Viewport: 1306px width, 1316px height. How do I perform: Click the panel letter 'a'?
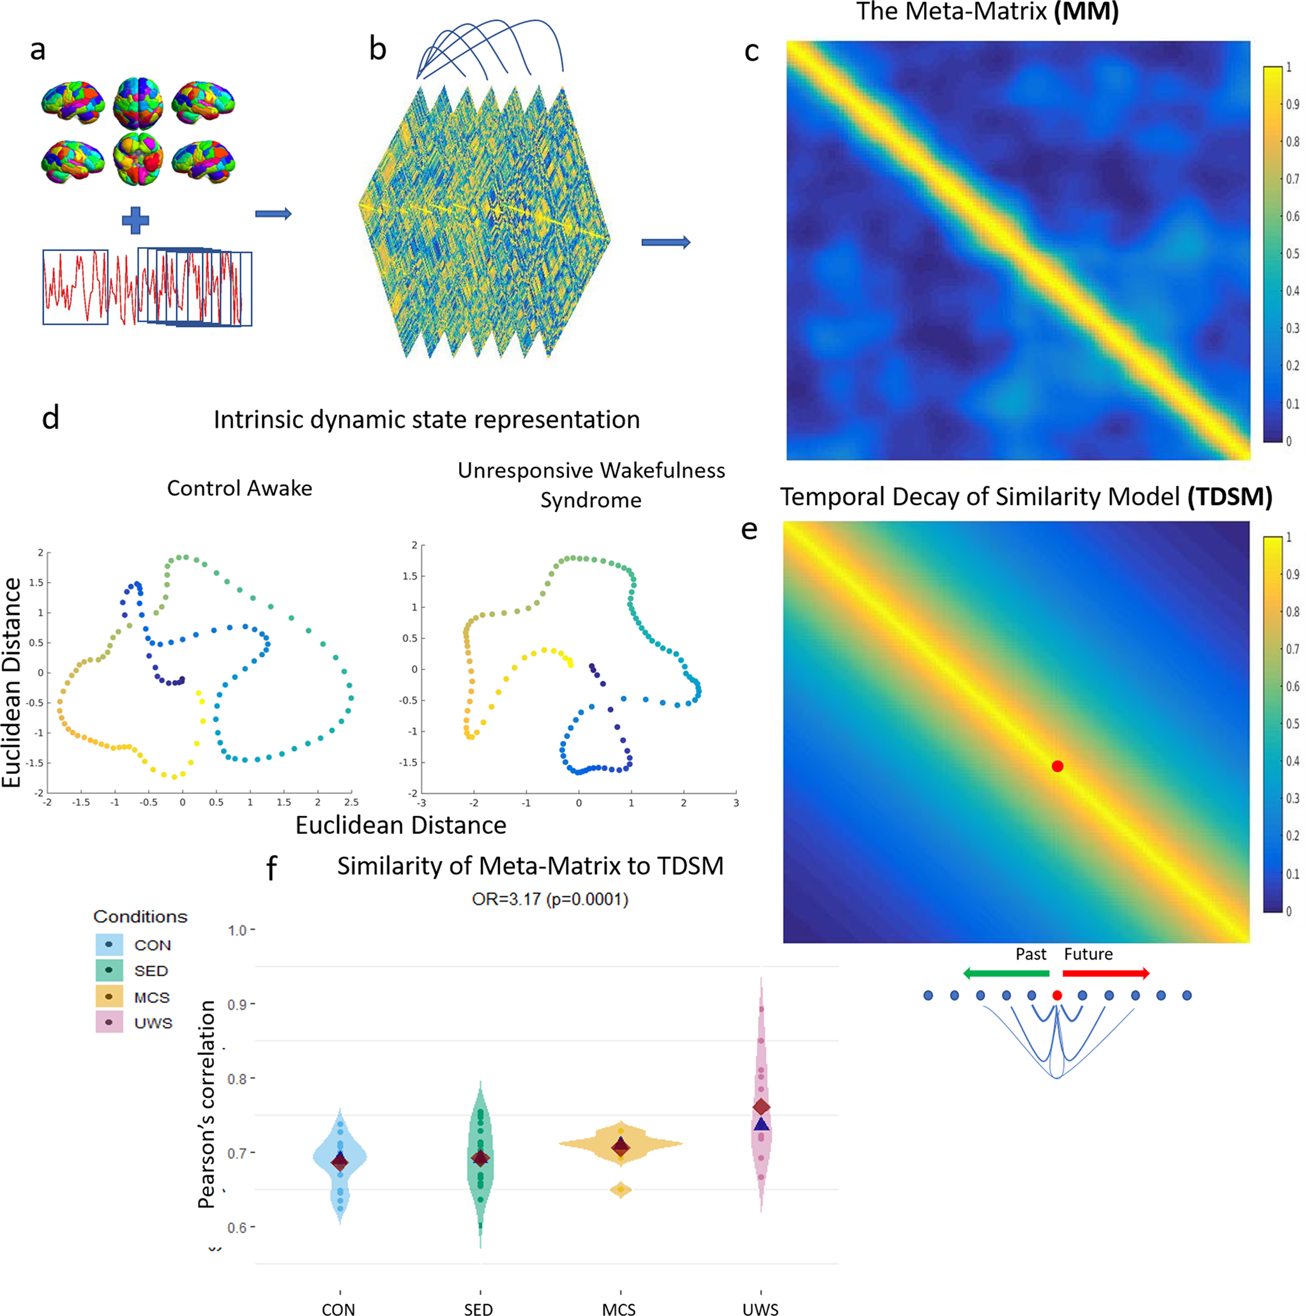tap(38, 50)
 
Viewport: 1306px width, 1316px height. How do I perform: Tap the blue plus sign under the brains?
tap(135, 220)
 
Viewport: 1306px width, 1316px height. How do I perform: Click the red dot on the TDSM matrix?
tap(1057, 766)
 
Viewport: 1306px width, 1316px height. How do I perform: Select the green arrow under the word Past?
tap(1006, 973)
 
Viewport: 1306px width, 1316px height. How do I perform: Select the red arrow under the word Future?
tap(1105, 973)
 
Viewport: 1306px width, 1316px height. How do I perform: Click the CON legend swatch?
tap(109, 945)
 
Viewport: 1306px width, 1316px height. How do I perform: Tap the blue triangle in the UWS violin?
tap(761, 1124)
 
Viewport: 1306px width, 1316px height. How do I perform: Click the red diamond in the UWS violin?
tap(761, 1107)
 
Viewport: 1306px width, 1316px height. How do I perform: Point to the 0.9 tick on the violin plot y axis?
tap(237, 1004)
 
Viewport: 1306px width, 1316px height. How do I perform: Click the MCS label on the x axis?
tap(619, 1308)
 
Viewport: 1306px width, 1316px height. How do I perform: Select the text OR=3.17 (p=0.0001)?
tap(550, 899)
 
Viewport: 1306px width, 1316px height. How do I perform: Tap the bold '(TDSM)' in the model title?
tap(1230, 497)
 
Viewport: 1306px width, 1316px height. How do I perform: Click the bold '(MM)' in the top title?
tap(1086, 11)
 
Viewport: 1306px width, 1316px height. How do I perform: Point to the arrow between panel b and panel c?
tap(665, 243)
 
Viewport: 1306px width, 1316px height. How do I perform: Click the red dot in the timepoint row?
tap(1057, 995)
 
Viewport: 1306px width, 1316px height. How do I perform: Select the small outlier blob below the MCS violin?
tap(621, 1190)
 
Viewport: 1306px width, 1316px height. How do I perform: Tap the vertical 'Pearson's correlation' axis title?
tap(206, 1103)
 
